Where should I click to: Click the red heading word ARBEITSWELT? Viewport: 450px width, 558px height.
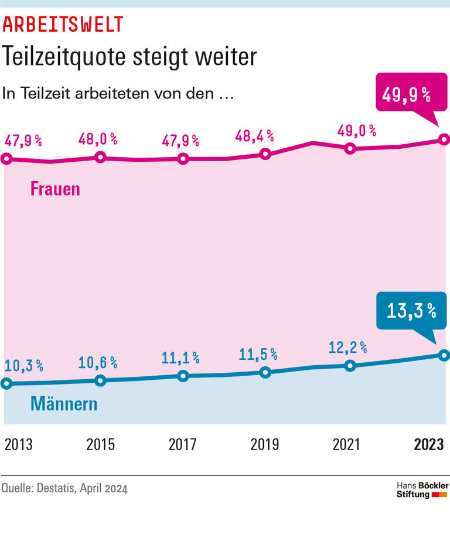(63, 24)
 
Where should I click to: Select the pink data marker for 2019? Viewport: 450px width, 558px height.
(265, 154)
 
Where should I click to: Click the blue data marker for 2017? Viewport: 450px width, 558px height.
(183, 376)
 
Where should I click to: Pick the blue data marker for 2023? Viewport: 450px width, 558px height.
(444, 355)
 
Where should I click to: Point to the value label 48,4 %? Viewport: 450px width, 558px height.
(255, 136)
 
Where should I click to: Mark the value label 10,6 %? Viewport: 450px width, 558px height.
(98, 363)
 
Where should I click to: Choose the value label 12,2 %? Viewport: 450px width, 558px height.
(348, 348)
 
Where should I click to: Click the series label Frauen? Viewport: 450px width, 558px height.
(55, 189)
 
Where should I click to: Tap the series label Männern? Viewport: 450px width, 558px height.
(64, 404)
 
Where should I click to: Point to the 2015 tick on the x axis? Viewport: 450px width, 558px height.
(101, 445)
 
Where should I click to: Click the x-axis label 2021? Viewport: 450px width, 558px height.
(347, 445)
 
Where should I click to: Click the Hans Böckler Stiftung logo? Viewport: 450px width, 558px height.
(422, 490)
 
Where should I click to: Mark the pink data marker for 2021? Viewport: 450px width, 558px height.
(350, 148)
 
